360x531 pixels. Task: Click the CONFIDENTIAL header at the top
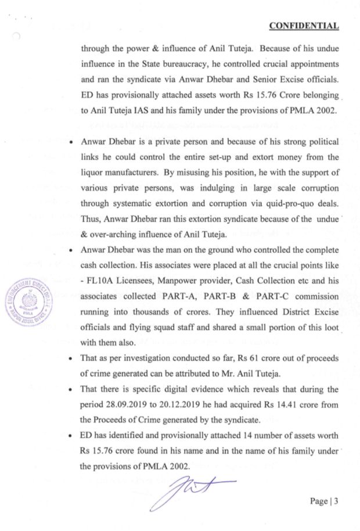[x=304, y=26]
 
